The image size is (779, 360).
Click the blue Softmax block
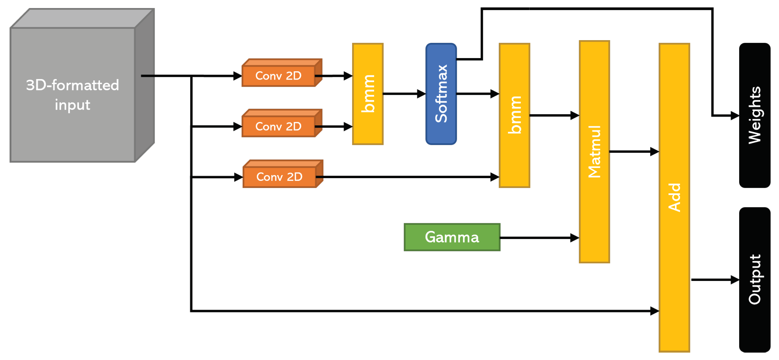click(x=441, y=94)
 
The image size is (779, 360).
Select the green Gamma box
click(x=452, y=237)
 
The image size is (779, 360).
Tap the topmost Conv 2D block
click(x=278, y=76)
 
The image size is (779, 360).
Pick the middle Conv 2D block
click(x=278, y=126)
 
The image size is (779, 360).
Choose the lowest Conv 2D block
click(x=279, y=177)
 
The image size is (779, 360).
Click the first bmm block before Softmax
click(x=368, y=94)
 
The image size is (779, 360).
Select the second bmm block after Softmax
click(x=514, y=115)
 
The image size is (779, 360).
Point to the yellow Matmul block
click(x=594, y=152)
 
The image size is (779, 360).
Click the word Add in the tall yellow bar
click(x=674, y=198)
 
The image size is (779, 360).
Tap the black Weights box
click(x=754, y=115)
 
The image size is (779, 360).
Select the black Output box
click(x=754, y=279)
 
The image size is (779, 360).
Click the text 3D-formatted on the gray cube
click(x=73, y=85)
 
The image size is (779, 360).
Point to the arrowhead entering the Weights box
click(x=735, y=116)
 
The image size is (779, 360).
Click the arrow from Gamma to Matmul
click(x=539, y=238)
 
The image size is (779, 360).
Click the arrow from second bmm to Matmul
click(x=554, y=115)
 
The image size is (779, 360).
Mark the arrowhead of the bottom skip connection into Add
click(x=654, y=311)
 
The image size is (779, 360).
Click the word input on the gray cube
click(x=73, y=105)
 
